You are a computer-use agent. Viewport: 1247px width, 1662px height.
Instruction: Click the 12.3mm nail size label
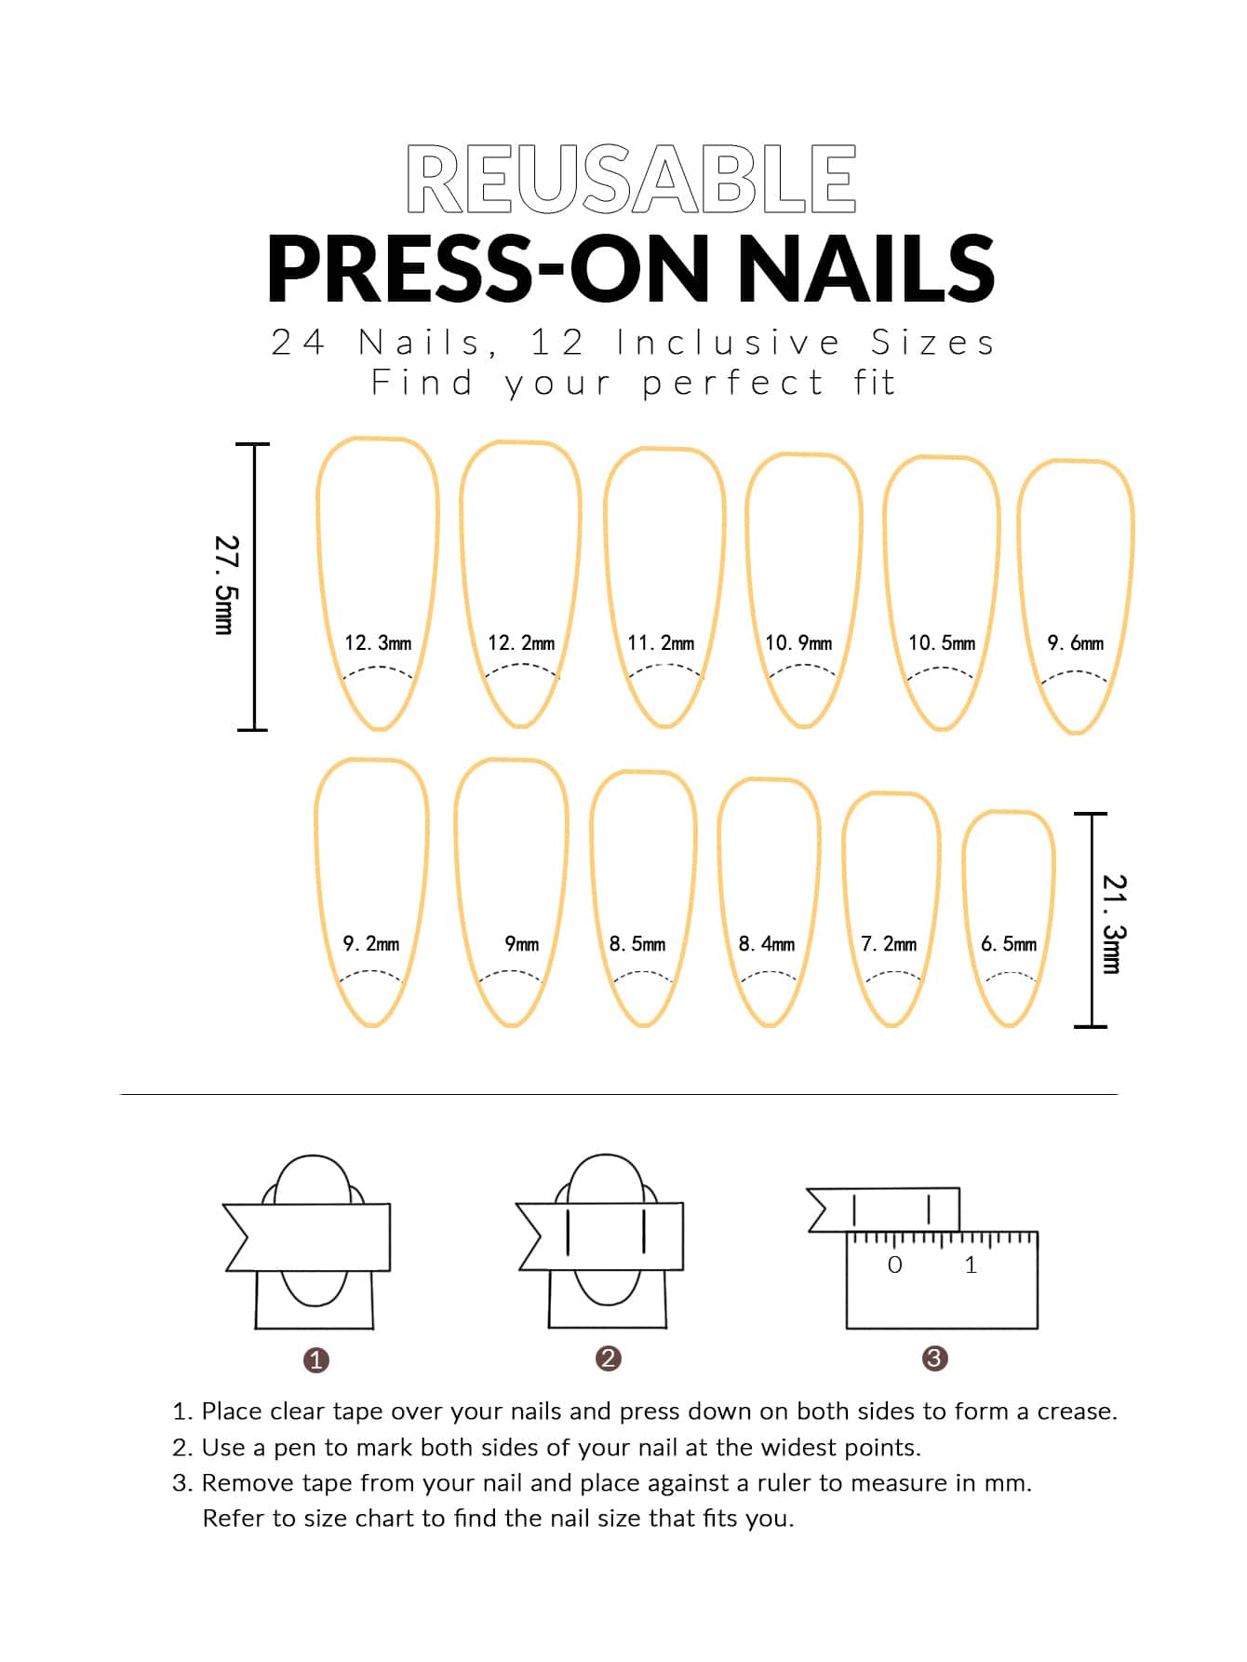tap(378, 642)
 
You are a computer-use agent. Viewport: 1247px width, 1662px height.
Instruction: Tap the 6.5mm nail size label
tap(1009, 944)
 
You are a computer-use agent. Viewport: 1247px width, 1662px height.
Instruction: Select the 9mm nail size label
tap(522, 944)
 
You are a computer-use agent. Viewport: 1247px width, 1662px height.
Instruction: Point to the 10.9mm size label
tap(798, 642)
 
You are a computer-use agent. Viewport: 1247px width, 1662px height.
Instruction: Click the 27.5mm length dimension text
tap(224, 585)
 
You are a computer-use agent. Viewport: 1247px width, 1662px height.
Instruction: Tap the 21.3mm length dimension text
tap(1113, 924)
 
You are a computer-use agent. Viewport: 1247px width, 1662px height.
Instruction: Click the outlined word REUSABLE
tap(631, 179)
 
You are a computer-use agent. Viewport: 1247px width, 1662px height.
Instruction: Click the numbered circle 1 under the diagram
tap(316, 1360)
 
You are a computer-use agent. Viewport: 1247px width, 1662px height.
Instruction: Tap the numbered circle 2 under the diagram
tap(608, 1358)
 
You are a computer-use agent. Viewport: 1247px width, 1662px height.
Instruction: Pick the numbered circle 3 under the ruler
tap(934, 1358)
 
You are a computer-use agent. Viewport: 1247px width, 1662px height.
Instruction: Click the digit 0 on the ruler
tap(895, 1264)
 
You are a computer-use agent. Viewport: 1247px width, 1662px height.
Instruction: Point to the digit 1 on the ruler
tap(971, 1264)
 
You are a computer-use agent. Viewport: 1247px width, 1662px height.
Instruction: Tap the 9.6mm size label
tap(1076, 642)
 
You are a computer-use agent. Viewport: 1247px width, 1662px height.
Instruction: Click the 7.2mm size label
tap(889, 944)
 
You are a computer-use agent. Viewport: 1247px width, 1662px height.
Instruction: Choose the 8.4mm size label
tap(767, 944)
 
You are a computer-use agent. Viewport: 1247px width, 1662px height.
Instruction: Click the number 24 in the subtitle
tap(298, 343)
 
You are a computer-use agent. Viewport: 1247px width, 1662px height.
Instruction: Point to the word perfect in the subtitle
tap(733, 383)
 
